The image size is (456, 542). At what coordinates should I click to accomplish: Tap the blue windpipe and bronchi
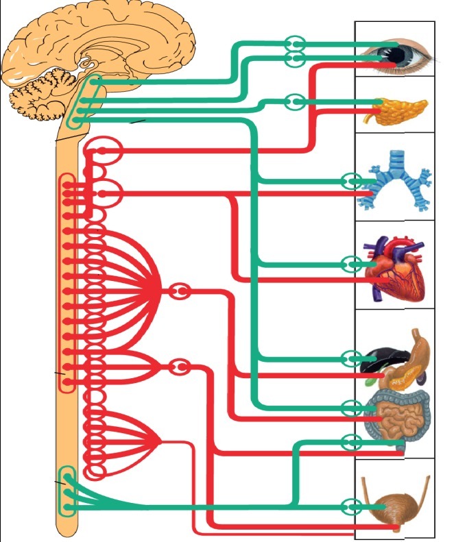pyautogui.click(x=396, y=180)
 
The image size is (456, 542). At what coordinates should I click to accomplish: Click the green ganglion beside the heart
pyautogui.click(x=352, y=264)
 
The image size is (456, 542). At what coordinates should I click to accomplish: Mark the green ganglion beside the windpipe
pyautogui.click(x=352, y=182)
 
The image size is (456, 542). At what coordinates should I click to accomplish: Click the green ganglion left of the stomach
pyautogui.click(x=352, y=358)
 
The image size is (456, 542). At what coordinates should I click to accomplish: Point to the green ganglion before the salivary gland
pyautogui.click(x=294, y=102)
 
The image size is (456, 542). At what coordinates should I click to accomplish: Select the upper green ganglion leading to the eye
pyautogui.click(x=295, y=44)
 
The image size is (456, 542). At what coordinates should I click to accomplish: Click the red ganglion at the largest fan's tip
pyautogui.click(x=180, y=292)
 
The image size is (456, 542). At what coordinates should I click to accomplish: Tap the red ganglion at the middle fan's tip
pyautogui.click(x=180, y=367)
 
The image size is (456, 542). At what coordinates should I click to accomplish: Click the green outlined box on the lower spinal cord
pyautogui.click(x=67, y=491)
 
